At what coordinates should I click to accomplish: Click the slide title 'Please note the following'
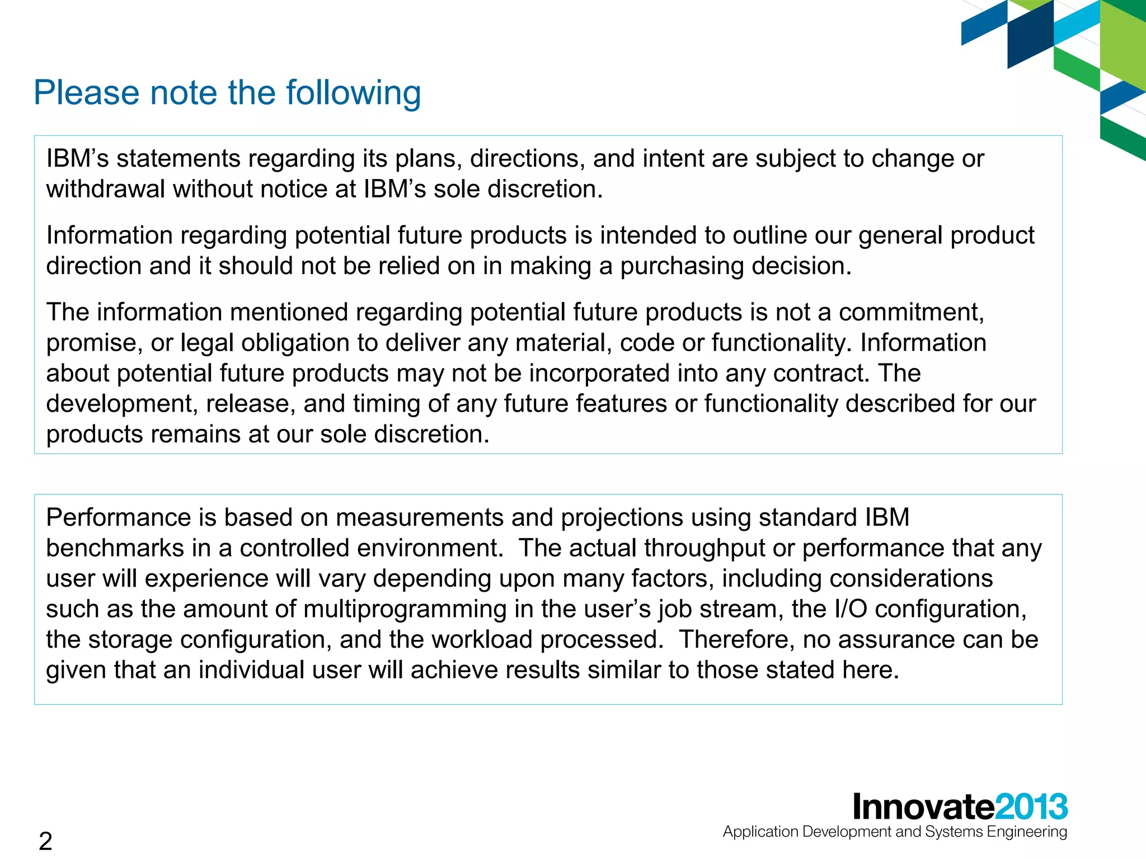pyautogui.click(x=227, y=93)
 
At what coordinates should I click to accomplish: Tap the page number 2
pyautogui.click(x=45, y=841)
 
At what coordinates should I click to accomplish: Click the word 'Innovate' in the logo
pyautogui.click(x=923, y=807)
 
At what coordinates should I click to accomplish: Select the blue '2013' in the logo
pyautogui.click(x=1031, y=807)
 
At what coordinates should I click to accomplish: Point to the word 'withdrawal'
pyautogui.click(x=106, y=189)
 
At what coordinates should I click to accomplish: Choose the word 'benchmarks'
pyautogui.click(x=115, y=548)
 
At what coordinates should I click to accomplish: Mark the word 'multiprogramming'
pyautogui.click(x=405, y=609)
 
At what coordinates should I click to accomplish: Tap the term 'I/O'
pyautogui.click(x=850, y=609)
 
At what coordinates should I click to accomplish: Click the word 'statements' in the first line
pyautogui.click(x=179, y=159)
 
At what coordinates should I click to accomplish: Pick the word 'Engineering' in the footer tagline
pyautogui.click(x=1027, y=832)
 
